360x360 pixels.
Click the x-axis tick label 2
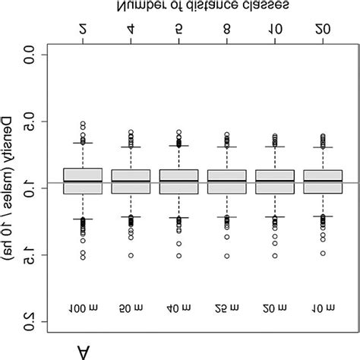83,30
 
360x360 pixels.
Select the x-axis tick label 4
131,30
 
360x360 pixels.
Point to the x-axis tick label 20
324,30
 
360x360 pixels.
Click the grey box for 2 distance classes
83,181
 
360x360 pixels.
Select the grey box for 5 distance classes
179,182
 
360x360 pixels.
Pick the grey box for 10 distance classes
275,182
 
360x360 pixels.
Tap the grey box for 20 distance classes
324,182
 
